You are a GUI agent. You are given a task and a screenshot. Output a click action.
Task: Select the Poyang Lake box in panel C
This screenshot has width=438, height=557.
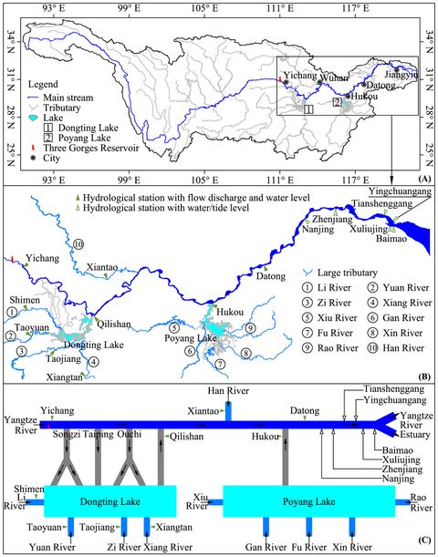click(308, 500)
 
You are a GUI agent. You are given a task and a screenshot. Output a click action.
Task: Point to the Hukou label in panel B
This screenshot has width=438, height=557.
click(233, 313)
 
